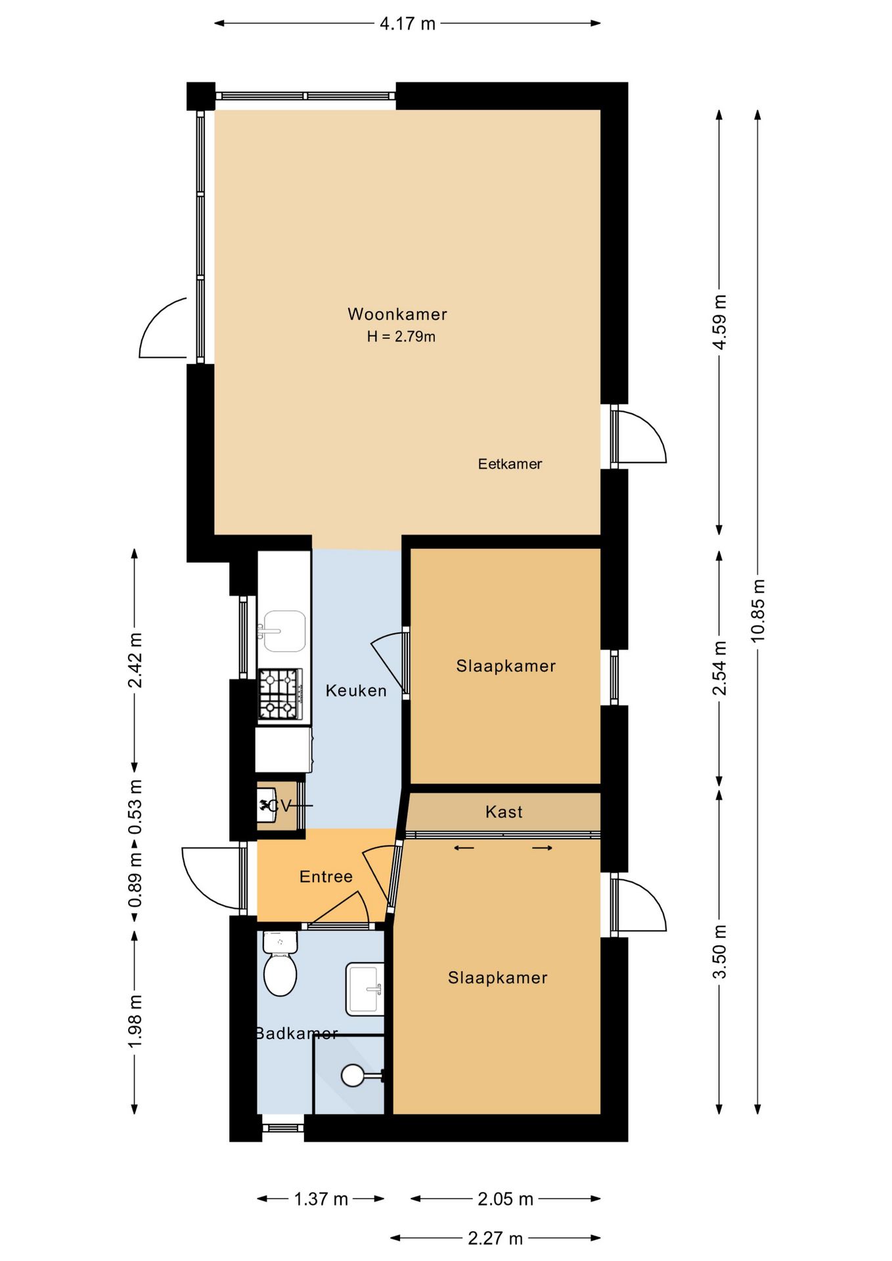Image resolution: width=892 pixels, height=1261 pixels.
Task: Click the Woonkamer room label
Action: (x=397, y=314)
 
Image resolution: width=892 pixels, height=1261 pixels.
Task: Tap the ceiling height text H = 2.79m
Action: (x=401, y=337)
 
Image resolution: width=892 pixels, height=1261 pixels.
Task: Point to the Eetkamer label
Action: (x=510, y=464)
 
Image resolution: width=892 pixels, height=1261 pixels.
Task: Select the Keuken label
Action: (x=356, y=691)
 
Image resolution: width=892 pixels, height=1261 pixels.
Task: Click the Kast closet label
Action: (x=504, y=812)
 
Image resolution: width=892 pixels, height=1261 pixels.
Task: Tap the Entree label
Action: (x=326, y=877)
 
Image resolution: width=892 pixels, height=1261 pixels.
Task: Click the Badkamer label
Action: (x=296, y=1034)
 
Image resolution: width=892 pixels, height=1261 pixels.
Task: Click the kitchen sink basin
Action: (x=284, y=631)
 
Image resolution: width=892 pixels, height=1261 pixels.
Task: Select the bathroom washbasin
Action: (x=365, y=989)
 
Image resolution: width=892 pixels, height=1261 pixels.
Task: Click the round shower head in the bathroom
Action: (x=353, y=1075)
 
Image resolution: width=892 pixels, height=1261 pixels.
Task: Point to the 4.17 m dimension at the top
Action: (x=407, y=24)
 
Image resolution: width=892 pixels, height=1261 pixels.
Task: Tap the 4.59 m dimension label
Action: (x=719, y=322)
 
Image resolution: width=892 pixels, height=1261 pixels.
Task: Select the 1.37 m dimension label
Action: (x=321, y=1199)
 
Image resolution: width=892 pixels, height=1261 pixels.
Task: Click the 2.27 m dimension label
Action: (x=495, y=1239)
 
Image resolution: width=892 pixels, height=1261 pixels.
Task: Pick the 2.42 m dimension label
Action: (x=135, y=661)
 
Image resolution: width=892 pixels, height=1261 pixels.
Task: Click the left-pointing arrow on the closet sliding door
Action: (x=464, y=848)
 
